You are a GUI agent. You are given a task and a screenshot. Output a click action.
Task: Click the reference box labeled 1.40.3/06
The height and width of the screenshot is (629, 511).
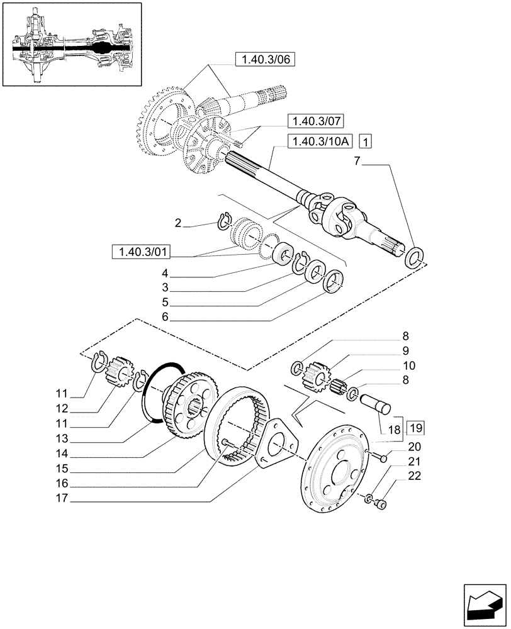(264, 60)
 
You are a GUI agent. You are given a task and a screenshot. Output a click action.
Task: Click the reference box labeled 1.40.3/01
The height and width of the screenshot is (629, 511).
(140, 252)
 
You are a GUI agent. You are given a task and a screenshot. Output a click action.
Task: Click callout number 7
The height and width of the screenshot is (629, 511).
(357, 162)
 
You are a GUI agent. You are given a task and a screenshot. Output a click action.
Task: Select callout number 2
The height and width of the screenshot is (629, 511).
(178, 223)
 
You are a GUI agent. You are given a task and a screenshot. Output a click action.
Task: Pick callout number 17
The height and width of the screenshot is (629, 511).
(61, 501)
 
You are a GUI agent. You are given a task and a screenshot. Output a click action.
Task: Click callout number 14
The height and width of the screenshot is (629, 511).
(61, 454)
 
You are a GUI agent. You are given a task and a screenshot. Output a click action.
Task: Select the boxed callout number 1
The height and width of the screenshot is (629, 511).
(367, 141)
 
